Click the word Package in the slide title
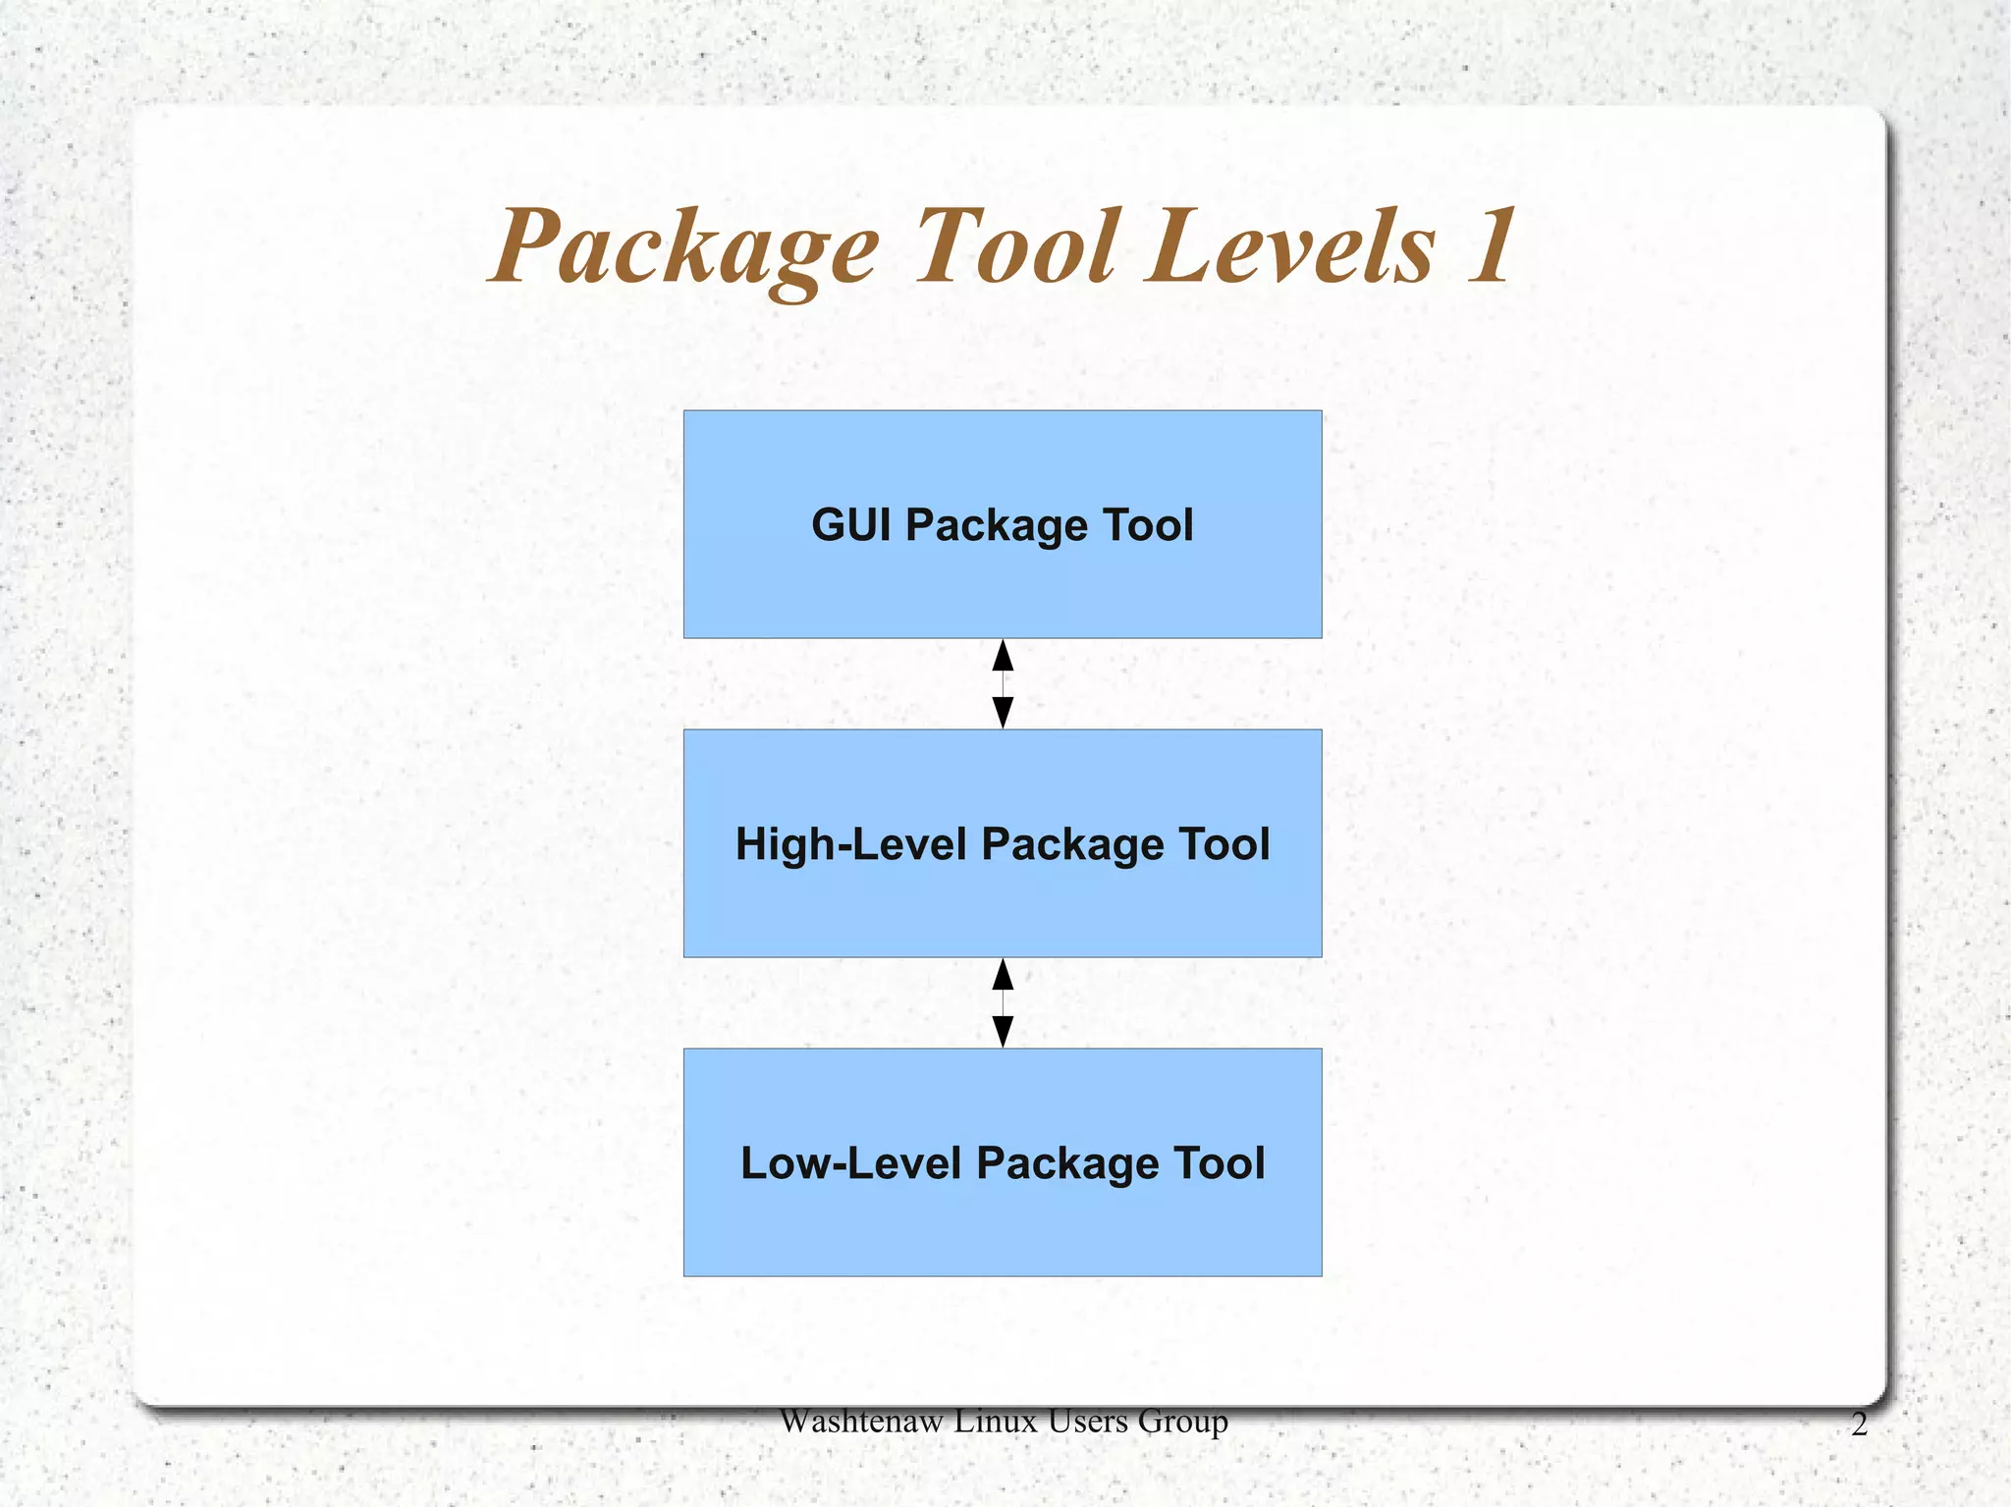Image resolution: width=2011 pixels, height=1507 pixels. tap(685, 247)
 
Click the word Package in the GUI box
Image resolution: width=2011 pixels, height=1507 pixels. tap(997, 526)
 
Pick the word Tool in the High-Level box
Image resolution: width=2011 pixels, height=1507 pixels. tap(1223, 844)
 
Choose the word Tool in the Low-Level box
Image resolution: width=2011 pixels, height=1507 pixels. tap(1219, 1163)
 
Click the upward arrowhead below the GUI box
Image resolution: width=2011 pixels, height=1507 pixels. tap(1003, 656)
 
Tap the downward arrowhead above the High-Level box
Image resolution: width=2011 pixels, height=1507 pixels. tap(1003, 712)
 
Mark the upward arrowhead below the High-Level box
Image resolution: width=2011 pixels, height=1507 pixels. tap(1003, 975)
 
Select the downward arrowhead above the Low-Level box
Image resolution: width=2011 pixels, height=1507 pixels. tap(1003, 1031)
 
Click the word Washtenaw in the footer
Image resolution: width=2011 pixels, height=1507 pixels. tap(860, 1421)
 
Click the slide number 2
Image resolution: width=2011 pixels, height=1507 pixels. tap(1859, 1425)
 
